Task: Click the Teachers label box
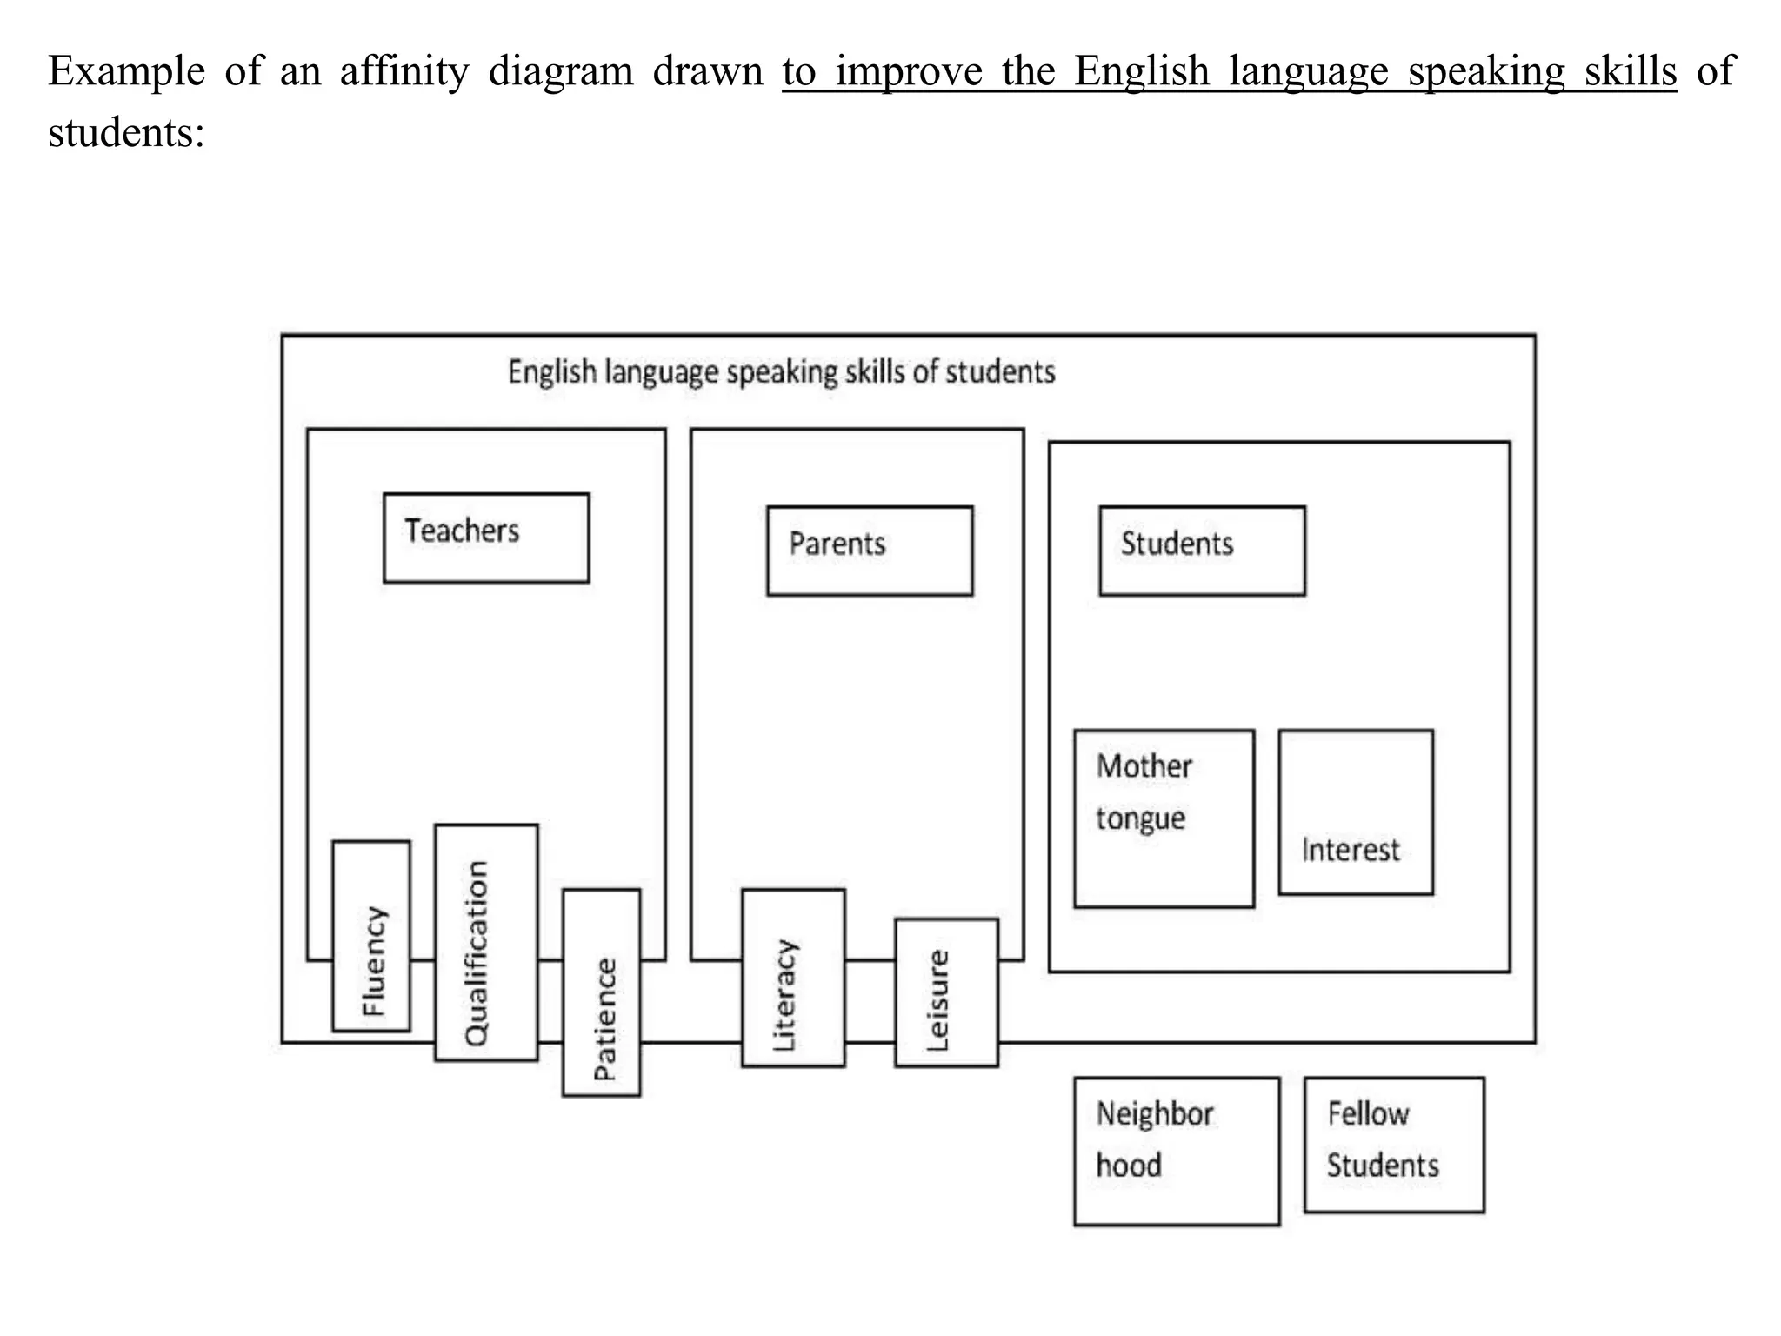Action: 486,538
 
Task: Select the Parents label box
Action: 870,551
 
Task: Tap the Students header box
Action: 1202,551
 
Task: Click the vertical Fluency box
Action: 371,936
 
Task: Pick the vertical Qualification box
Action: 486,942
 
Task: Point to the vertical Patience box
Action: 602,992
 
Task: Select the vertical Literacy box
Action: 793,978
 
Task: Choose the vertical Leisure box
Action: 946,992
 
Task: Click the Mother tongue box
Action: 1164,818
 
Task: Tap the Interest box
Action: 1356,812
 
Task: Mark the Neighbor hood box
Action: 1177,1152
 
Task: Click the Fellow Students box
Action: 1394,1145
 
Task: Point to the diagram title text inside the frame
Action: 781,372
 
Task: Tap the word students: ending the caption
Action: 126,133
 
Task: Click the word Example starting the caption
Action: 126,71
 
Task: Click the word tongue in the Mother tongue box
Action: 1140,819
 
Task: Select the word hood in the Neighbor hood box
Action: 1128,1166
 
